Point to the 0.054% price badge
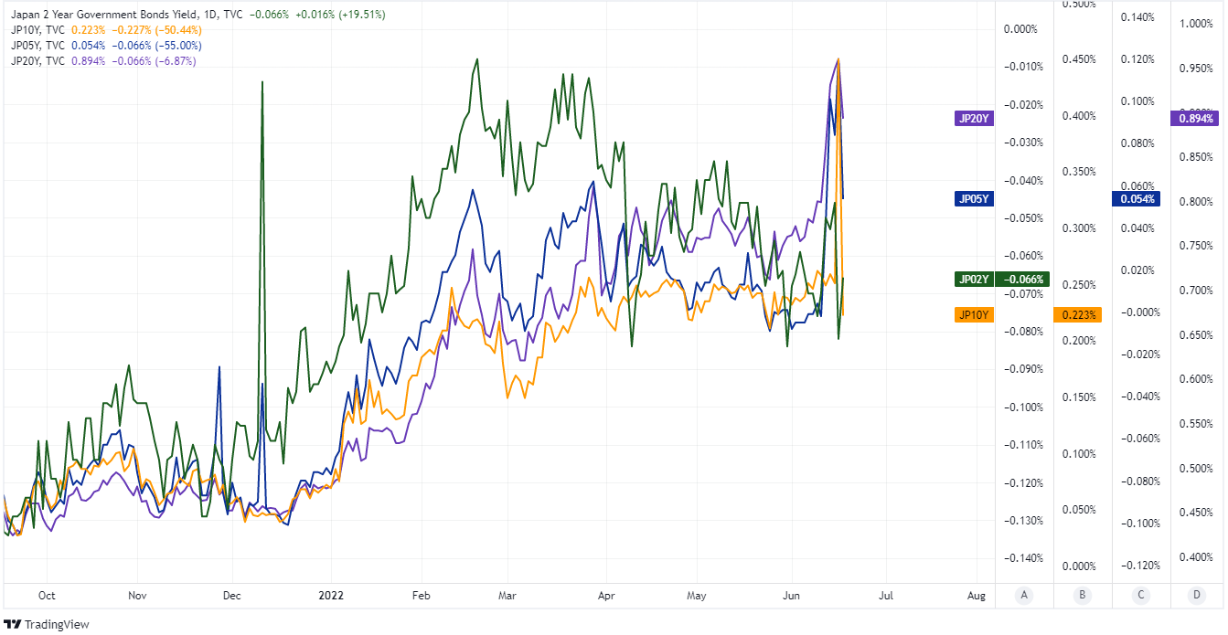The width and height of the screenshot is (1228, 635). (x=1135, y=198)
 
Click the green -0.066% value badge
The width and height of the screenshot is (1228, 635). (x=1025, y=279)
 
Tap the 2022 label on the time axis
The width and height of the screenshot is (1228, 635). (x=330, y=596)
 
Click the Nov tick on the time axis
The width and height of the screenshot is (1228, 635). (x=137, y=596)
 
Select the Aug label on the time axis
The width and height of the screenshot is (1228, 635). (x=977, y=596)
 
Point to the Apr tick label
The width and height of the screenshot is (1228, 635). (x=604, y=596)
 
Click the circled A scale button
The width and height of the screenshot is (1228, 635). (x=1024, y=596)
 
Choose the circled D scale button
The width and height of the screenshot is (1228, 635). (x=1196, y=596)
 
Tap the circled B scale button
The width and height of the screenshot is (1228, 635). (x=1082, y=596)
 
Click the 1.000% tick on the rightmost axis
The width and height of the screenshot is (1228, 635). (x=1196, y=24)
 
